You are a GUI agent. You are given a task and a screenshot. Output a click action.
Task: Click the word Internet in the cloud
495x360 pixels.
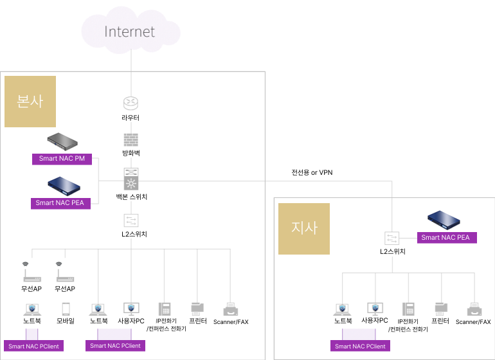[129, 32]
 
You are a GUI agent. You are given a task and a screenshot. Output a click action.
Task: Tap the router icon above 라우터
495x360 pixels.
[130, 103]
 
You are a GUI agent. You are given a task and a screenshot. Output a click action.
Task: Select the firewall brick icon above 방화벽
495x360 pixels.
[130, 139]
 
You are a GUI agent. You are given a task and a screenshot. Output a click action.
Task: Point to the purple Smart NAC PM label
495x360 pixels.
[62, 158]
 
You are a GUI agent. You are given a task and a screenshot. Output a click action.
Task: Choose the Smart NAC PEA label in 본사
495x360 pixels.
[61, 203]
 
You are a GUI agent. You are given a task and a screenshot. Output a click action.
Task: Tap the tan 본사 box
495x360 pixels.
[30, 102]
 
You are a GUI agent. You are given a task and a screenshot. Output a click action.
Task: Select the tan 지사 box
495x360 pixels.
[304, 228]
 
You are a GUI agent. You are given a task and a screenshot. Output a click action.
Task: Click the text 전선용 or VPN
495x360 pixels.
[312, 173]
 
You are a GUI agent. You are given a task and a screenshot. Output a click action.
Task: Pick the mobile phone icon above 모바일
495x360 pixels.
[66, 308]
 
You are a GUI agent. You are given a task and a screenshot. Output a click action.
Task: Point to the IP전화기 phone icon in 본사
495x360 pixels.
[165, 308]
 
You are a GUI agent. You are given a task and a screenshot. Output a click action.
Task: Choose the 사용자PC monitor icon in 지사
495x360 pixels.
[375, 308]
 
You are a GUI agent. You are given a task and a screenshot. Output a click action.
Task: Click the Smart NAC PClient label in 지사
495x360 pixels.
[360, 346]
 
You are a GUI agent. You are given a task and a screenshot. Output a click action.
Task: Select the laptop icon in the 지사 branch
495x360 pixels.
[343, 308]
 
